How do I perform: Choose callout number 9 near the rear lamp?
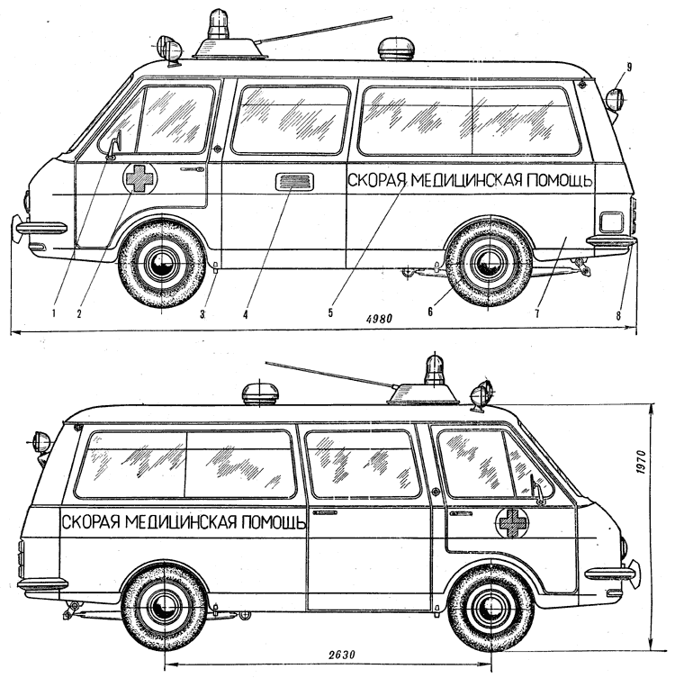pos(629,66)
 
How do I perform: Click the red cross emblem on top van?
pos(140,177)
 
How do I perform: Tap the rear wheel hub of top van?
pos(490,263)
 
